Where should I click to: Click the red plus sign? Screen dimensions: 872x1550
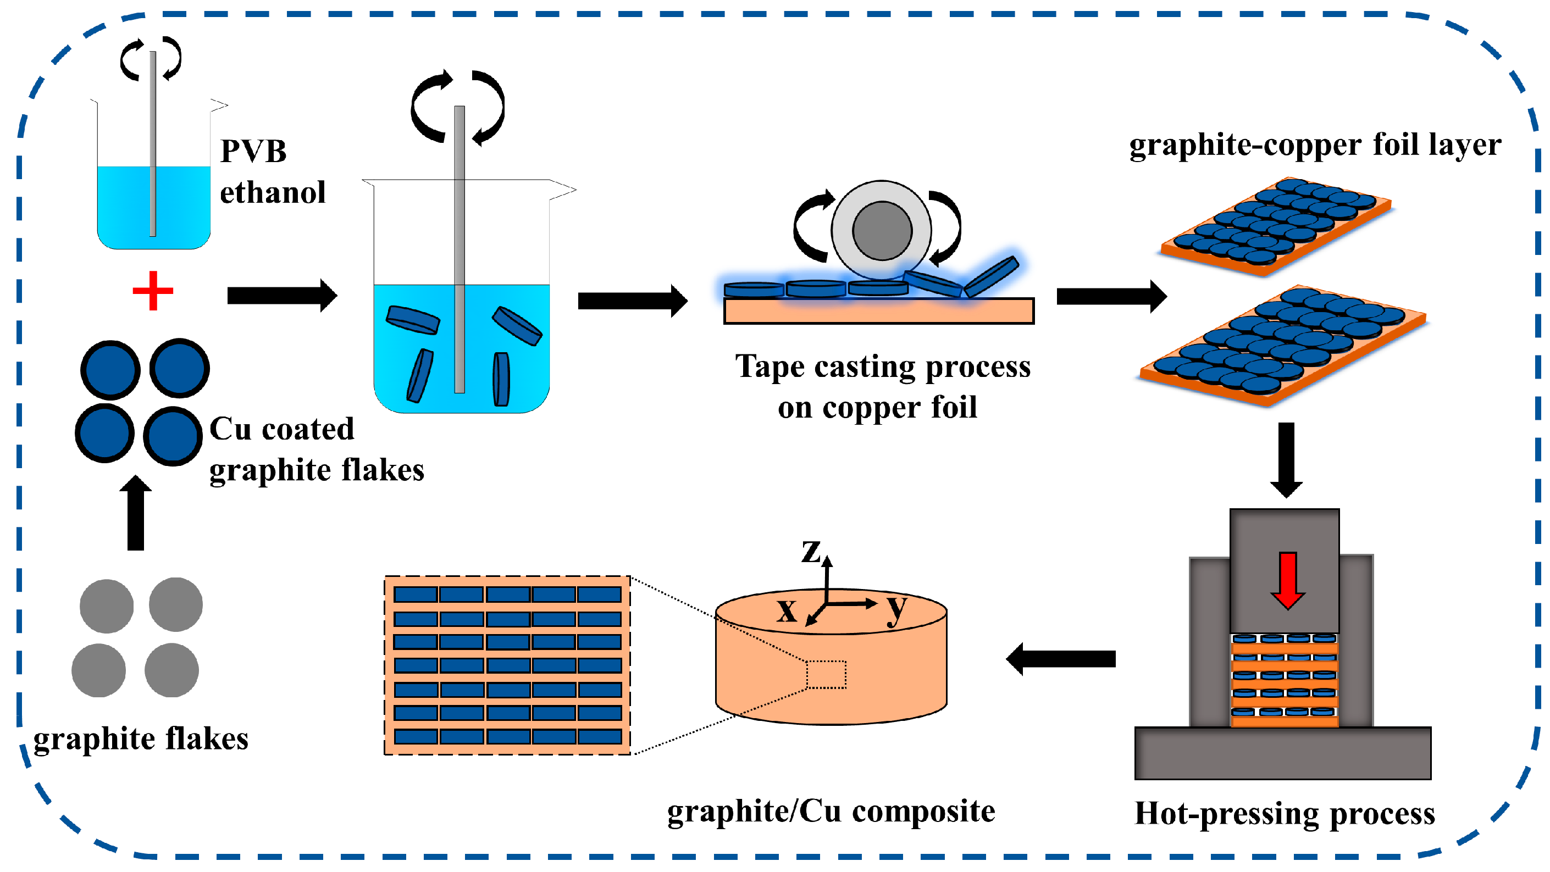[153, 291]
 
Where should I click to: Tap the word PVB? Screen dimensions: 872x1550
[253, 151]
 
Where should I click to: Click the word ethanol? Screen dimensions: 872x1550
[273, 193]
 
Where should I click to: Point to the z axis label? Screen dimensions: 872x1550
[811, 550]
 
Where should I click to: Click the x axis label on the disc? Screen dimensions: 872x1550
[787, 610]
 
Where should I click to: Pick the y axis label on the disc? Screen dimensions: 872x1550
[896, 609]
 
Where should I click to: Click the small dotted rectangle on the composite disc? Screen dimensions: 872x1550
[826, 674]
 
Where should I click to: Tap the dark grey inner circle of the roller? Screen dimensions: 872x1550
[882, 230]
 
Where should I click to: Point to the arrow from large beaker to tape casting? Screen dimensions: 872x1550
[632, 301]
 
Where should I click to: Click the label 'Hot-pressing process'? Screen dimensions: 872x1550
[1284, 814]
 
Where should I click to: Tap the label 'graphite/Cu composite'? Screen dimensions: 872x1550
[831, 811]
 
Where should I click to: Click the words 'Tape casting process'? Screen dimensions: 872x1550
[882, 366]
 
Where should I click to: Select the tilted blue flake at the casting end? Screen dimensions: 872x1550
[991, 275]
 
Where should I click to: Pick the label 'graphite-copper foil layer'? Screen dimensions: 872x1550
[1315, 145]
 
